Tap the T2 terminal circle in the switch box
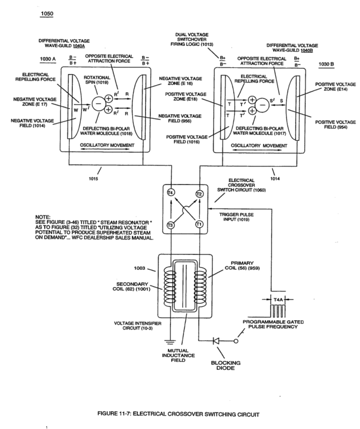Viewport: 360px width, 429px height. tap(199, 194)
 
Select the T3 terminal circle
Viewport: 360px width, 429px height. tap(170, 225)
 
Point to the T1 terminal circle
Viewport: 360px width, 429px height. tap(199, 224)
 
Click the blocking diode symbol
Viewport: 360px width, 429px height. tap(216, 341)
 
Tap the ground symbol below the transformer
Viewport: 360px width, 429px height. tap(170, 342)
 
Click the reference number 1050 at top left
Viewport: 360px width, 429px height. tap(47, 14)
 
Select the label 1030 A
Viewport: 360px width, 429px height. tap(48, 59)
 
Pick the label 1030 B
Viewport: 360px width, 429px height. tap(326, 64)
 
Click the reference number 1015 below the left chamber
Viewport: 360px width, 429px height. tap(93, 179)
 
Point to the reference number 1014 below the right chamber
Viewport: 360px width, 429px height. tap(275, 179)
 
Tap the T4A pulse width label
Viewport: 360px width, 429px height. tap(278, 300)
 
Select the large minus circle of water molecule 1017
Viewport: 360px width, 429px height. tap(262, 105)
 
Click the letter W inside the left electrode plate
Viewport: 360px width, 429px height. tap(76, 110)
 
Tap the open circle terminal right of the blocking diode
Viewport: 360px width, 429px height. tap(236, 341)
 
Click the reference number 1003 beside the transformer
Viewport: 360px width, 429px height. tap(139, 268)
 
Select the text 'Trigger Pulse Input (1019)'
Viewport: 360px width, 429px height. tap(237, 217)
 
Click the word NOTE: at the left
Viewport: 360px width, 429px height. tap(43, 217)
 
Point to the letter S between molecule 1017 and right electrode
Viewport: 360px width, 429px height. tap(281, 100)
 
